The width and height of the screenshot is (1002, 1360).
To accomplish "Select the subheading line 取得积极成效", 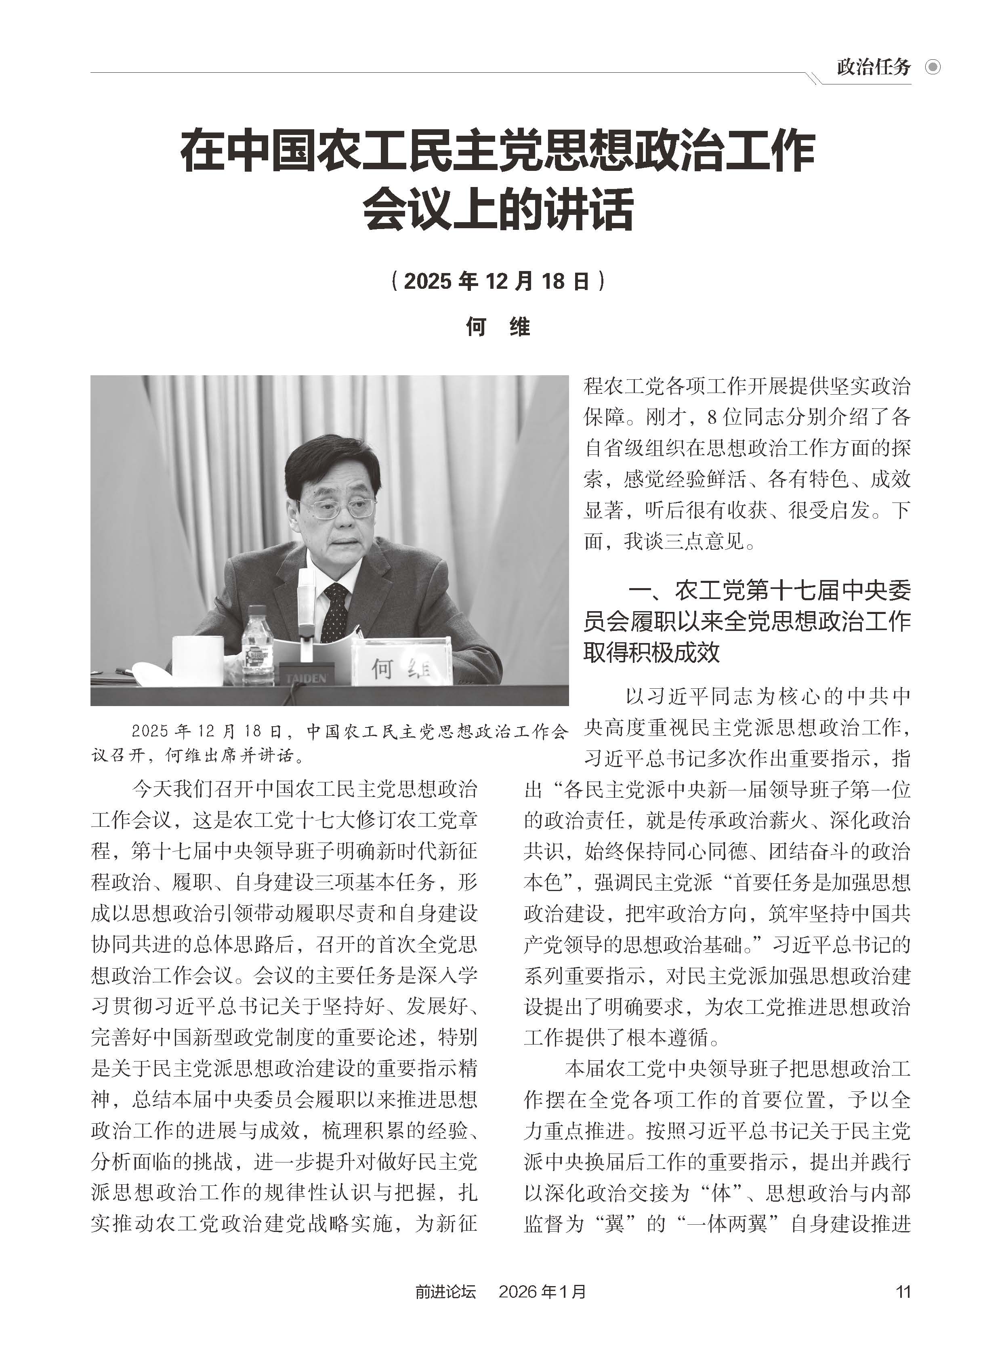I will (651, 652).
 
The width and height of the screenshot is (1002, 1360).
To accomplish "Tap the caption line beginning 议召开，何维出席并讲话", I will (198, 755).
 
